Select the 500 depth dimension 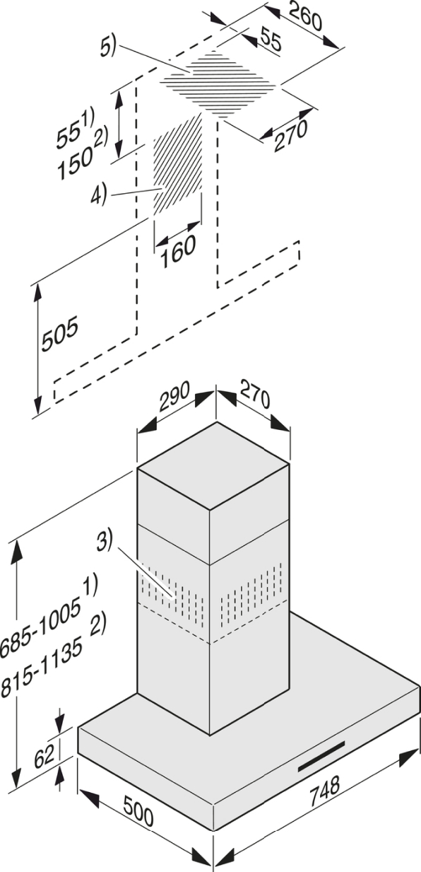click(x=138, y=810)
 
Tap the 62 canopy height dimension click(x=44, y=757)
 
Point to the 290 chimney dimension click(x=174, y=396)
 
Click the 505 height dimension click(x=60, y=334)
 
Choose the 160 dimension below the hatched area click(x=177, y=252)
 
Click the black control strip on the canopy click(x=321, y=757)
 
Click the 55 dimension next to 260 click(x=271, y=38)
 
